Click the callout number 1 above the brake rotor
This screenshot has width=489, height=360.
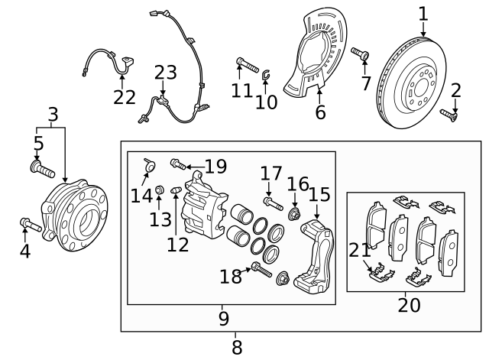pos(423,15)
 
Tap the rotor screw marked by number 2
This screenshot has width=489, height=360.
pos(449,115)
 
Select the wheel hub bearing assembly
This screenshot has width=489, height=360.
pos(75,216)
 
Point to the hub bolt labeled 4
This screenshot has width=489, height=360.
pos(31,225)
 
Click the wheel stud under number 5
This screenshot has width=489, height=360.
pos(43,168)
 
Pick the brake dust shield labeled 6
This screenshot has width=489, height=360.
pos(315,51)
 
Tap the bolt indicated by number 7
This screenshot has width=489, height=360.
pos(361,54)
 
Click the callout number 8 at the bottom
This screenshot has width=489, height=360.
pos(237,347)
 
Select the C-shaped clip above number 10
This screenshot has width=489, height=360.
pos(266,75)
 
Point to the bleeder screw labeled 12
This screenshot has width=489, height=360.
pos(176,190)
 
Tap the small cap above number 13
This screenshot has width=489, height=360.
pos(160,190)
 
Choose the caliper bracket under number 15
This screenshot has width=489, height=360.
pos(314,256)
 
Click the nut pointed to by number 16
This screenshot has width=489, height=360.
pos(294,214)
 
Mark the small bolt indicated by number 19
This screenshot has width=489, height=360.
pos(178,164)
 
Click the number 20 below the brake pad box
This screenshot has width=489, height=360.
pos(409,306)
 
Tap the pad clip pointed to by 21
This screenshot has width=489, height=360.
pos(381,272)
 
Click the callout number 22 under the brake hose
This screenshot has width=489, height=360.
pos(124,97)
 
